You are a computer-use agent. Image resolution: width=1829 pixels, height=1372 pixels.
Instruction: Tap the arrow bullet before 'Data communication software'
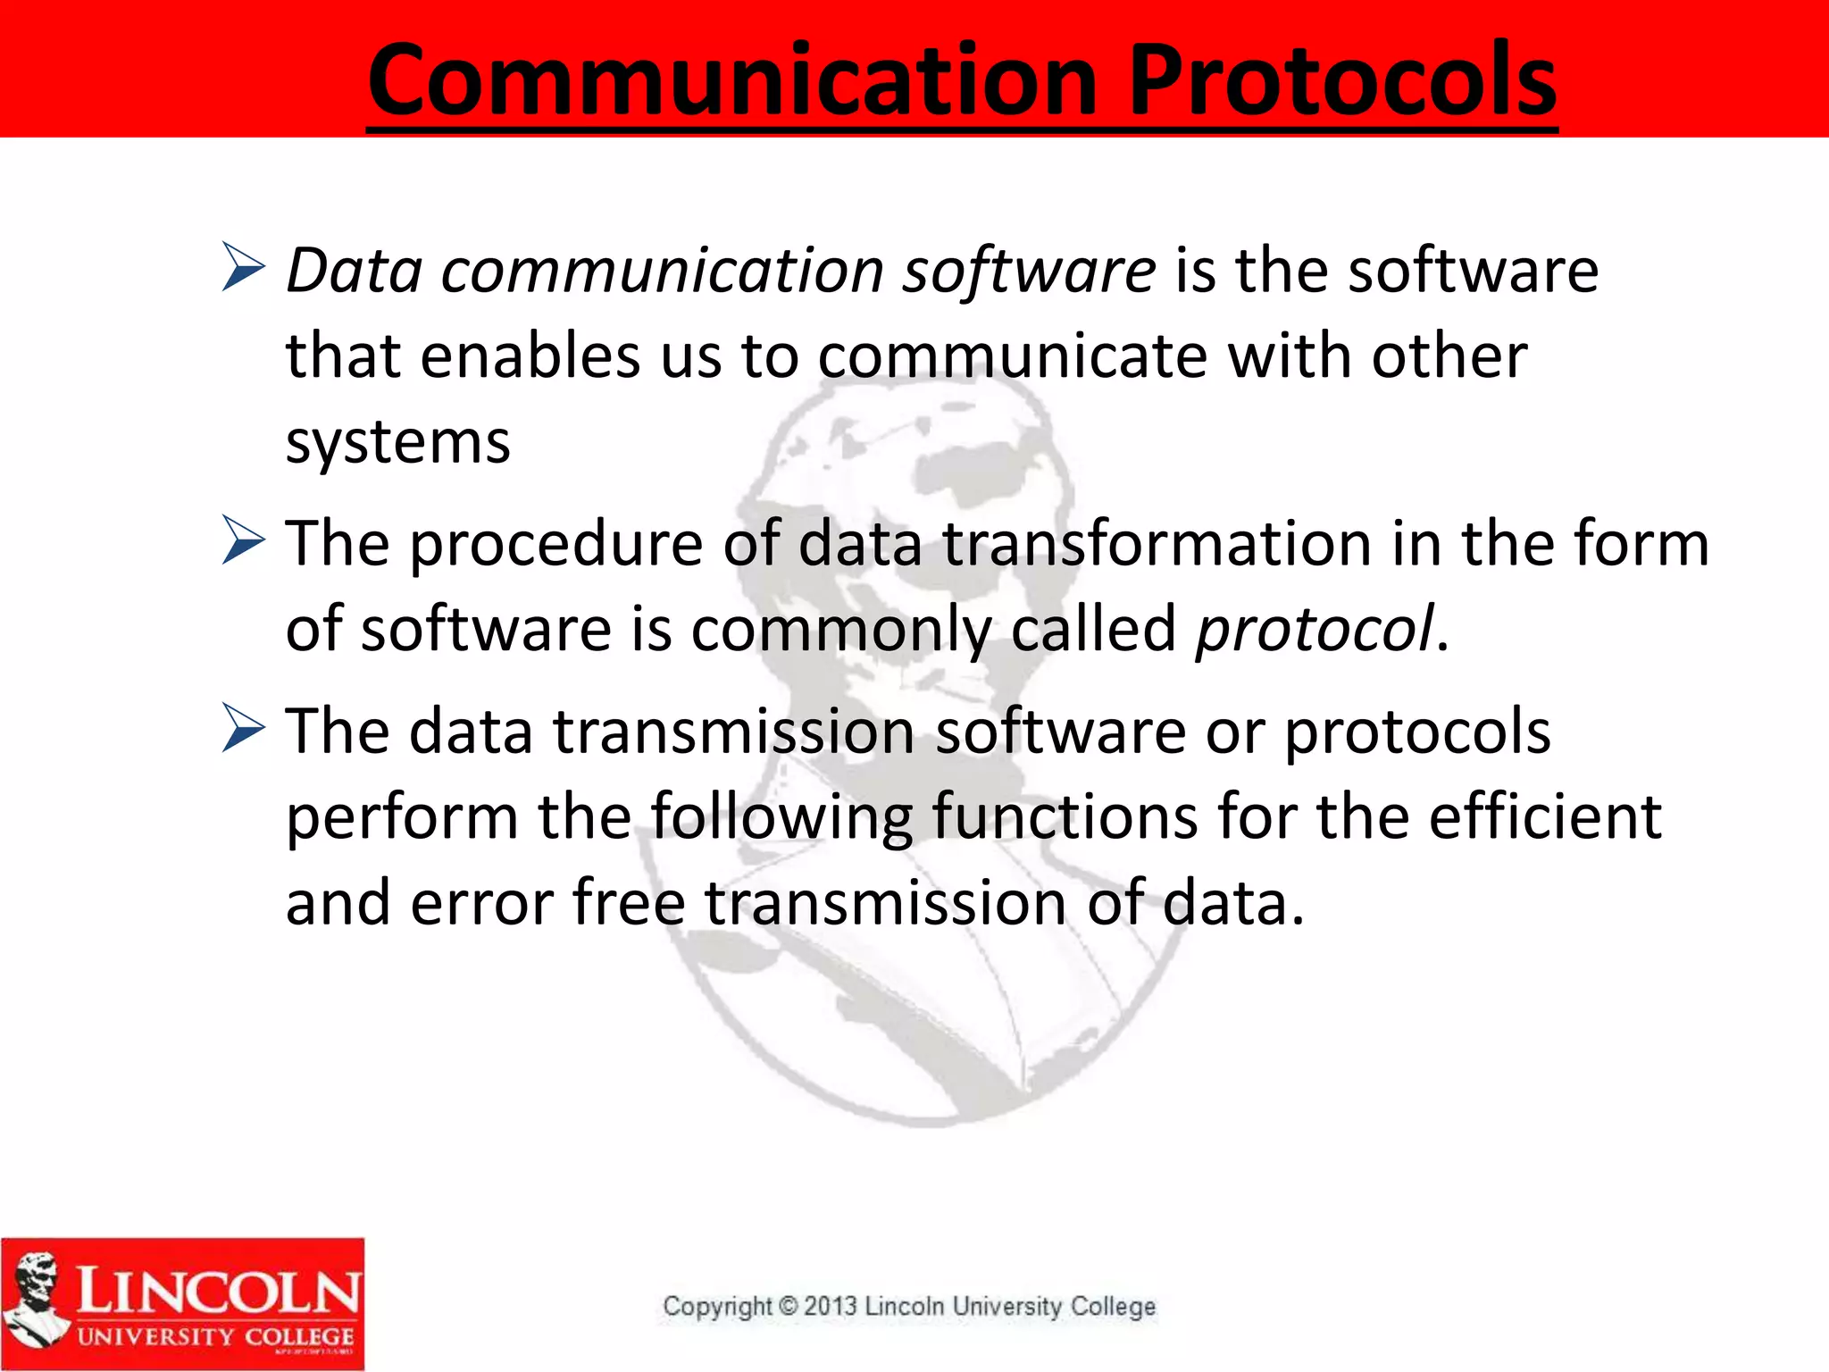[243, 267]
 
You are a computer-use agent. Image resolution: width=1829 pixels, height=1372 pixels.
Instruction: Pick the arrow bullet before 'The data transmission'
[243, 728]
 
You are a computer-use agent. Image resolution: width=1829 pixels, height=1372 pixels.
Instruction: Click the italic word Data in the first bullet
[354, 270]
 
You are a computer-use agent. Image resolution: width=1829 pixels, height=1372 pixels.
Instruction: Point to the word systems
[397, 442]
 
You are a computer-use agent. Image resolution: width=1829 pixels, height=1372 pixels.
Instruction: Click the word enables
[530, 356]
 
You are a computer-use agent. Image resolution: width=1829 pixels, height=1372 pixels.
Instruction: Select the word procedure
[556, 544]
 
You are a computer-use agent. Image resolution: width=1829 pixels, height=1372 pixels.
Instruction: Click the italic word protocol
[1314, 630]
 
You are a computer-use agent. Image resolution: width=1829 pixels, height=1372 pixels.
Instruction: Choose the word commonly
[840, 630]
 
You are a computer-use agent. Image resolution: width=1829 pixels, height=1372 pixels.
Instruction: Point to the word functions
[1065, 816]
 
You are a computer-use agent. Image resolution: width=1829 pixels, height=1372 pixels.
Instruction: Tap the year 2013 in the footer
[830, 1306]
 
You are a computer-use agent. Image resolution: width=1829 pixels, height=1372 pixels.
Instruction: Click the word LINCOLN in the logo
[218, 1291]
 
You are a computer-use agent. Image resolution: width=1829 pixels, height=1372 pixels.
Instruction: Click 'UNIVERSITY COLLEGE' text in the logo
[215, 1337]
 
